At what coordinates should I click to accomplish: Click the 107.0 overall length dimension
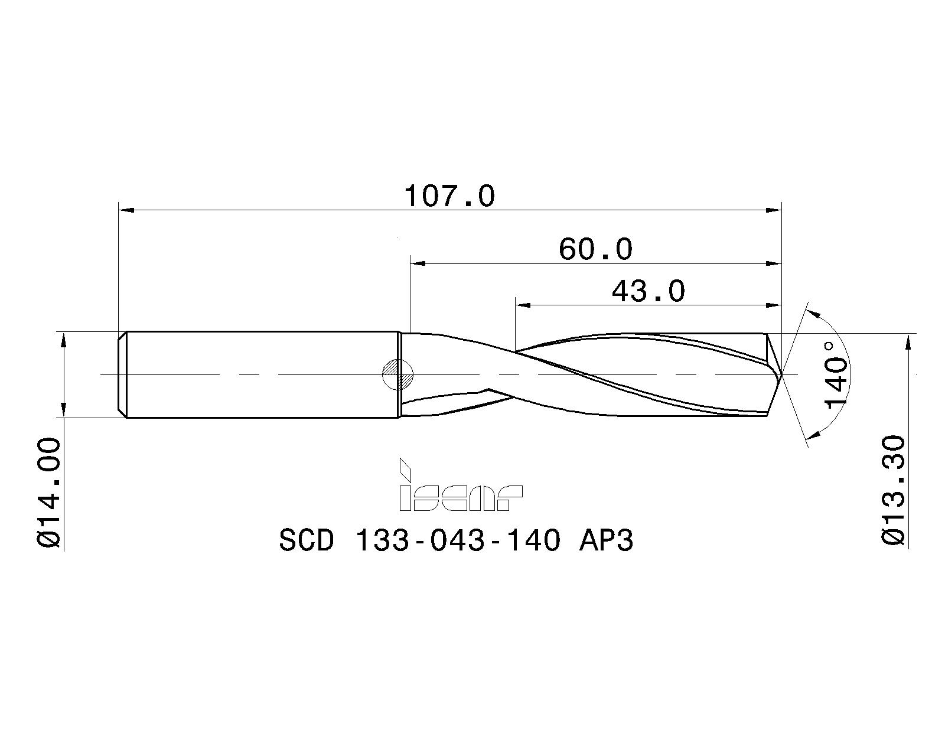[449, 196]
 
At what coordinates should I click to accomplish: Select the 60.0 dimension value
[595, 249]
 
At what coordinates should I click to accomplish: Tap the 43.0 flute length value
[648, 292]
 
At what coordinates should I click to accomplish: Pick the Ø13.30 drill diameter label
[894, 490]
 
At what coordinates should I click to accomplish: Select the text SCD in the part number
[307, 540]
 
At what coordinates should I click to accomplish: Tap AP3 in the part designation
[607, 540]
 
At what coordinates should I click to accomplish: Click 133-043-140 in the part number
[457, 540]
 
